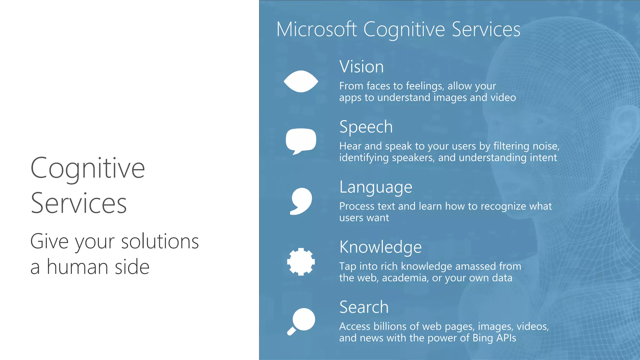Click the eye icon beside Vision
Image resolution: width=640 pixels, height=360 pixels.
[x=301, y=82]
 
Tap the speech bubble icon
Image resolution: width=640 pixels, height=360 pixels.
[x=301, y=140]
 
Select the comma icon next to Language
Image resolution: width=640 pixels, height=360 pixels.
[x=301, y=201]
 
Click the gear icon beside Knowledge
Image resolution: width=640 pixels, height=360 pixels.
[x=301, y=262]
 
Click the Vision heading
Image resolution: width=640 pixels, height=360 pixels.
[x=361, y=67]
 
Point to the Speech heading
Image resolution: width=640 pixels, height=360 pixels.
[x=366, y=127]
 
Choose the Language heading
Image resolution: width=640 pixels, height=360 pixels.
[x=376, y=187]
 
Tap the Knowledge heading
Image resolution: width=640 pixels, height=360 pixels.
[x=380, y=247]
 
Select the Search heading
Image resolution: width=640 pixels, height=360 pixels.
[x=364, y=307]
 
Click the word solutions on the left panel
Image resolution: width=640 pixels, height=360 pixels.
[x=160, y=242]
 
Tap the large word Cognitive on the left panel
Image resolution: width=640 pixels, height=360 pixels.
[x=87, y=168]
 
